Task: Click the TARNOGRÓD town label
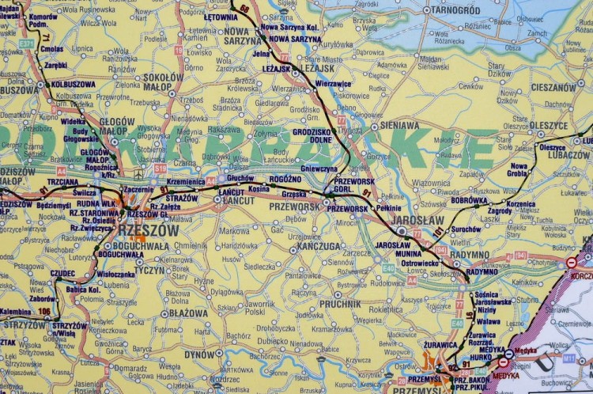456,10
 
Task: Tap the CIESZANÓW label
553,87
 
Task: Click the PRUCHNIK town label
341,303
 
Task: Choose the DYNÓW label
200,354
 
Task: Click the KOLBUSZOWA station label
73,84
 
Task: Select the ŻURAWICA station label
441,344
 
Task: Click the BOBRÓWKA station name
469,200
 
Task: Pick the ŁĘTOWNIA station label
221,16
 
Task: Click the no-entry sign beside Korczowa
571,262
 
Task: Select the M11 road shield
568,358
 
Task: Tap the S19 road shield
161,168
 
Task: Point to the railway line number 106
43,311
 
